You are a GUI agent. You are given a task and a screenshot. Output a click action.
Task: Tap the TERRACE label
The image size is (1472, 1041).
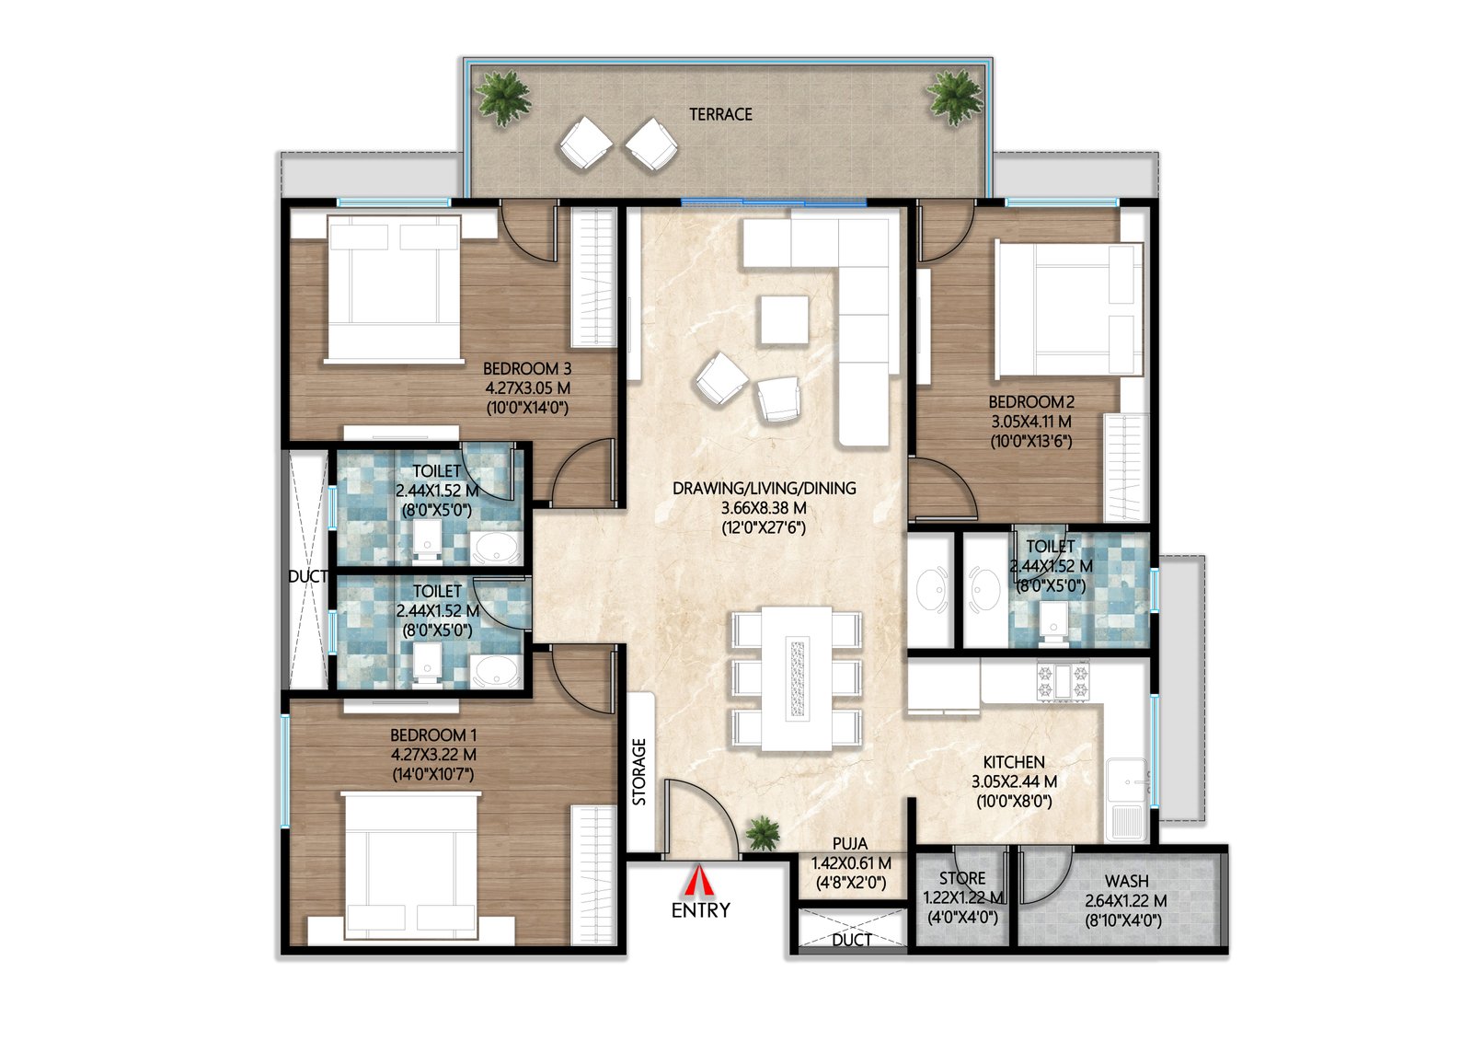720,114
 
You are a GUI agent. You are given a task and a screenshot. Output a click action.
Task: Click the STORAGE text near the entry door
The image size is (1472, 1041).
639,771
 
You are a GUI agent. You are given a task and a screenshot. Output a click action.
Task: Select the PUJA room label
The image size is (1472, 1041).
849,843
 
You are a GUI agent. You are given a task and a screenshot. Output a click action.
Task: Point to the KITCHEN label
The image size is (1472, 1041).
1014,762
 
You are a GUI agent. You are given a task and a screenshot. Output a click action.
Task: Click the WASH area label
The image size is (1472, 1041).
1126,881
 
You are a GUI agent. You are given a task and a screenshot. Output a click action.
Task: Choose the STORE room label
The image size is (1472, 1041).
962,878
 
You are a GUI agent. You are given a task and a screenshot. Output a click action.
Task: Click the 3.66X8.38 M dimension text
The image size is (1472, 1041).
764,508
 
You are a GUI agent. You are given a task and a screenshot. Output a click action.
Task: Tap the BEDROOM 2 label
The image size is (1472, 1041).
1031,402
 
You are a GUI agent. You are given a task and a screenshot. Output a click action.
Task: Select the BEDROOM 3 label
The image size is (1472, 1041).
527,368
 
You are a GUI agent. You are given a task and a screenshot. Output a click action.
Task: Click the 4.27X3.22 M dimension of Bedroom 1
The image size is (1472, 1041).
433,755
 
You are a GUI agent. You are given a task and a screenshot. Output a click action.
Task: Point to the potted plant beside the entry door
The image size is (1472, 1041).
762,833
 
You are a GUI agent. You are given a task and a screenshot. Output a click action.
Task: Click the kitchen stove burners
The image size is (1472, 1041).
1063,681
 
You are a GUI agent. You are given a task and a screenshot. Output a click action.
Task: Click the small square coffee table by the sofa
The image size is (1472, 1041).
784,319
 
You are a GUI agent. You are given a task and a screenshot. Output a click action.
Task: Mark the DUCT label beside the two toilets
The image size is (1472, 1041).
307,576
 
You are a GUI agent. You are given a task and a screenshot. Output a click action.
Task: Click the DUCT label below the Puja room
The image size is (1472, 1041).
851,940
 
